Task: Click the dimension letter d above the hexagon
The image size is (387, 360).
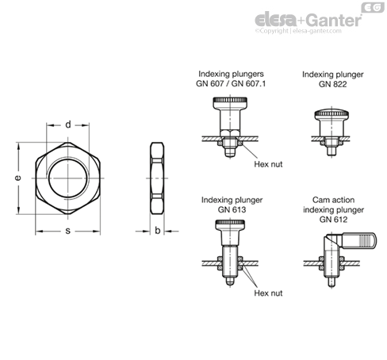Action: (68, 124)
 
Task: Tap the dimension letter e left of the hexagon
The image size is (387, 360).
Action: (17, 178)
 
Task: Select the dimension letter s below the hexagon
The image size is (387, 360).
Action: (68, 231)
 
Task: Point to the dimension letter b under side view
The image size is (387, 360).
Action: (158, 231)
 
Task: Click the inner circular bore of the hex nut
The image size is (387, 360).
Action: (68, 178)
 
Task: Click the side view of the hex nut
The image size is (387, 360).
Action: (157, 178)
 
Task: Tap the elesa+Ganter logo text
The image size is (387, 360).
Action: (308, 20)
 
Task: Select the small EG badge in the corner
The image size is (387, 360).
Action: (373, 7)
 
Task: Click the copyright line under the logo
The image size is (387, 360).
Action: (298, 31)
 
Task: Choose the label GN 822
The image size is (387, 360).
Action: (332, 84)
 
